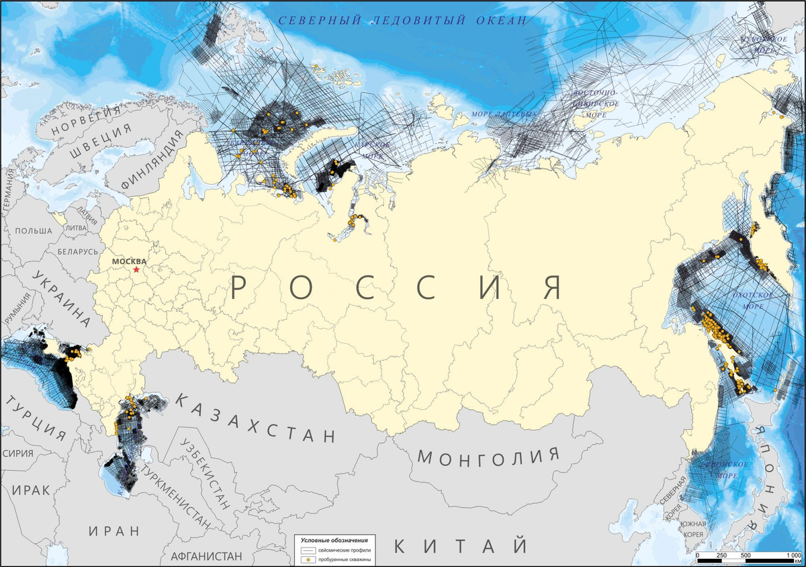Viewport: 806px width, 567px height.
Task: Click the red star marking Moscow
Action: [136, 269]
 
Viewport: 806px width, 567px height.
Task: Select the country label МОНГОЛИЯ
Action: [488, 456]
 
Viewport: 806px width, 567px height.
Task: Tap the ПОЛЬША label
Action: [33, 230]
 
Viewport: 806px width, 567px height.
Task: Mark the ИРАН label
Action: [114, 531]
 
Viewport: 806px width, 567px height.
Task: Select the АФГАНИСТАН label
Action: [206, 556]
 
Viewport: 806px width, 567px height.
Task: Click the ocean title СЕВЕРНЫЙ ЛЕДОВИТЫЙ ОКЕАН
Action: [403, 20]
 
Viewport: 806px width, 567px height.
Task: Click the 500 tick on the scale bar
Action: [746, 556]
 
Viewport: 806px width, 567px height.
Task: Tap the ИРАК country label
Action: [31, 490]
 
